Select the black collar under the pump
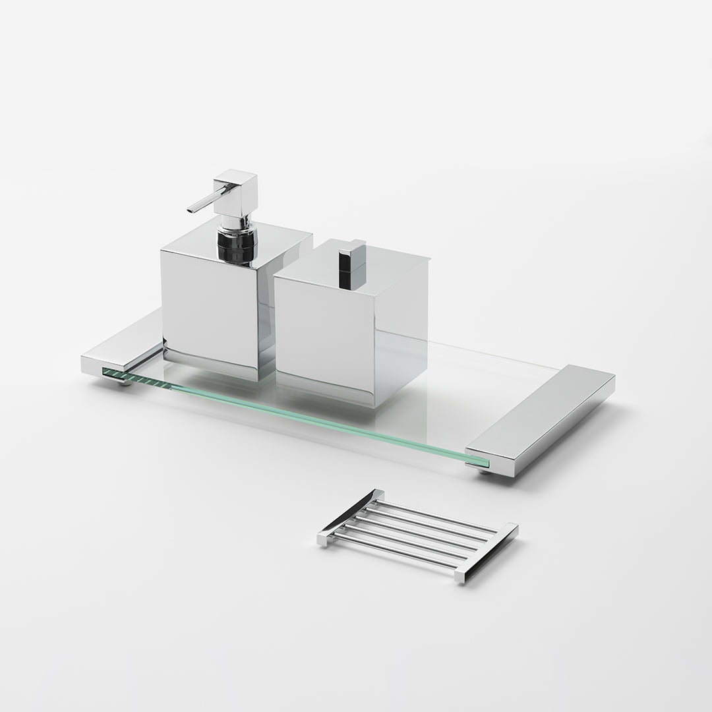tap(235, 245)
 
